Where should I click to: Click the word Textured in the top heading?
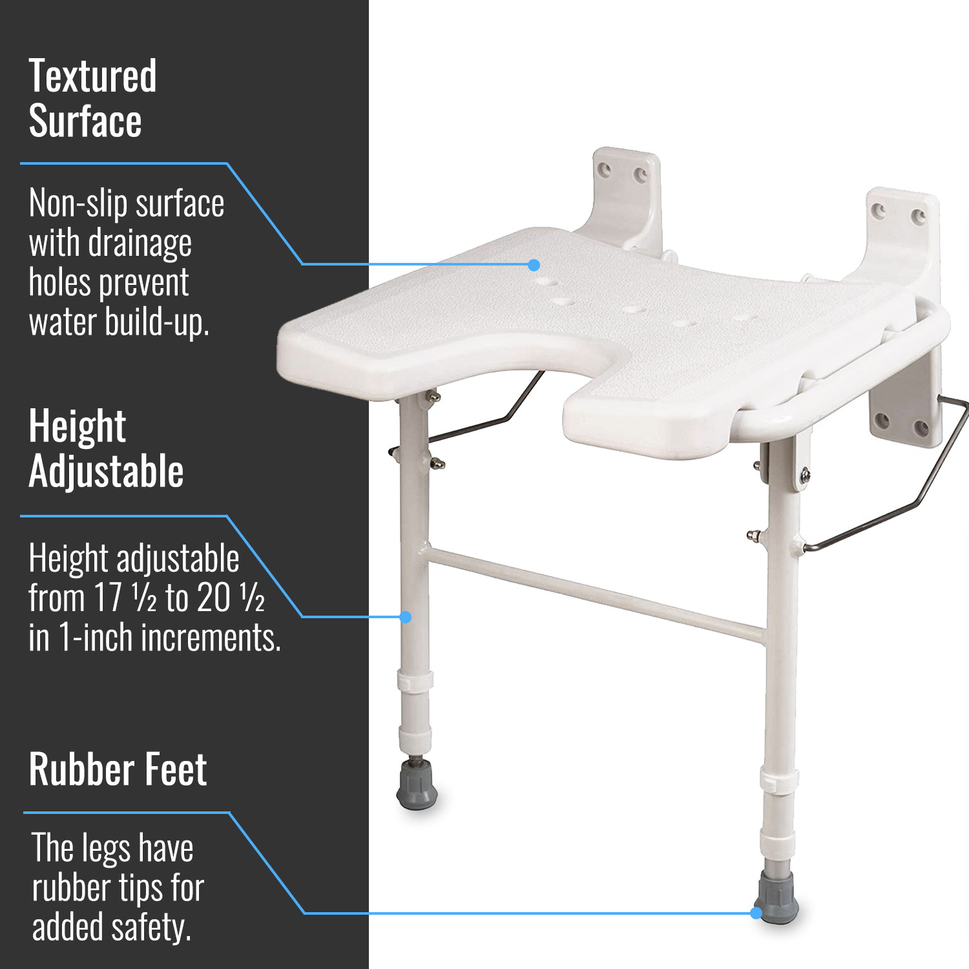pyautogui.click(x=92, y=76)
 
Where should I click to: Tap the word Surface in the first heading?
pyautogui.click(x=85, y=121)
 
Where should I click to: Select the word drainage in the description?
pyautogui.click(x=140, y=244)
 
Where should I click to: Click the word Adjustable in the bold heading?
pyautogui.click(x=107, y=471)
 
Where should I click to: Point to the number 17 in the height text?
pyautogui.click(x=107, y=598)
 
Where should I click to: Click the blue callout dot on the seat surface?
pyautogui.click(x=534, y=265)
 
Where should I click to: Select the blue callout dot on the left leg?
pyautogui.click(x=406, y=618)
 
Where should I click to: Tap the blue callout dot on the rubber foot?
pyautogui.click(x=756, y=913)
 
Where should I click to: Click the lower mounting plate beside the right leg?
pyautogui.click(x=904, y=413)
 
